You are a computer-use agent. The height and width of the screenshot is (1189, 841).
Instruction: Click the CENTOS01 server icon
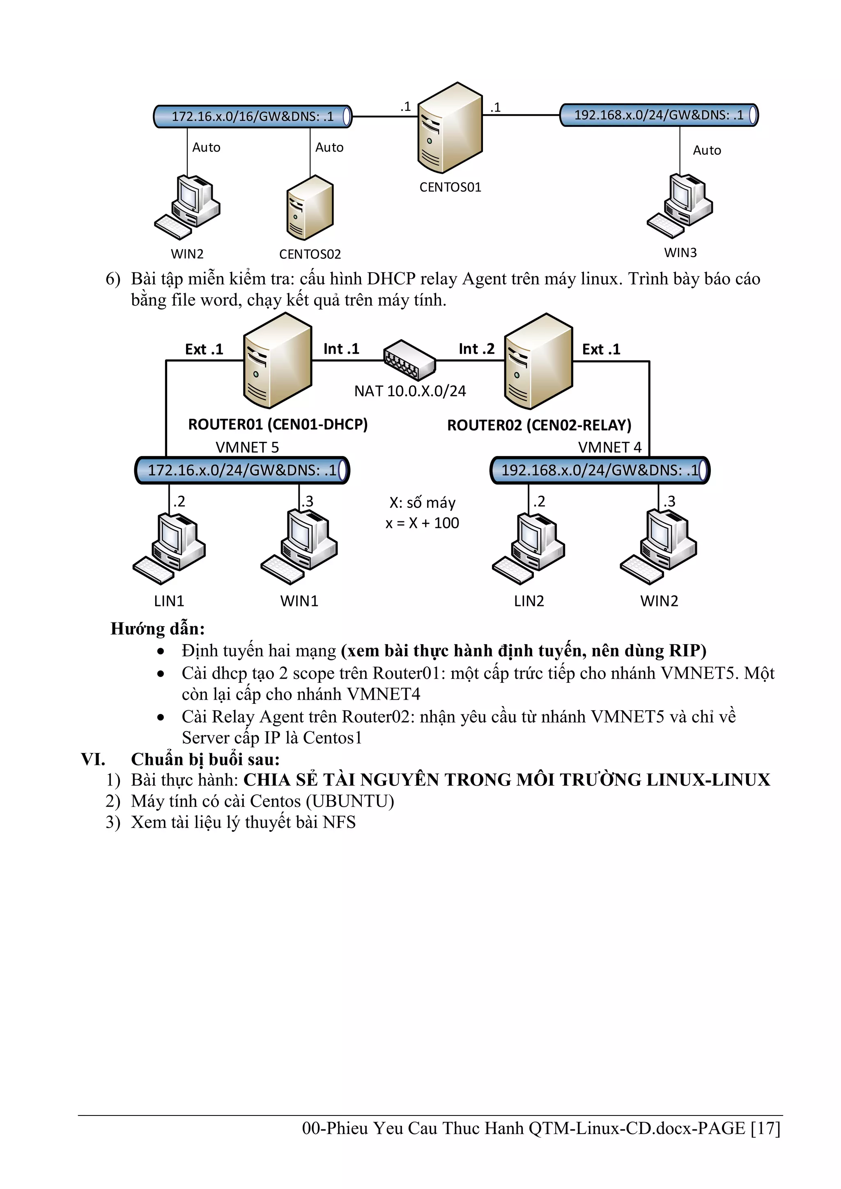tap(450, 128)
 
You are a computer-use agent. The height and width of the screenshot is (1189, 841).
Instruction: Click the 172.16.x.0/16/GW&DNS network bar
tap(253, 116)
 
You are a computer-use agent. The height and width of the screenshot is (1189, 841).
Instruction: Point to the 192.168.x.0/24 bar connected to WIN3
tap(659, 115)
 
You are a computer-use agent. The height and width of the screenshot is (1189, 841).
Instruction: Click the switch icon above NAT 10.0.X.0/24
tap(409, 359)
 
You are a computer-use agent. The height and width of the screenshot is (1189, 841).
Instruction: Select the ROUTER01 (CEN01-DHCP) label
tap(278, 425)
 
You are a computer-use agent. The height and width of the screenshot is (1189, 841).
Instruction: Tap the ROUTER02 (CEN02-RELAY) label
tap(539, 425)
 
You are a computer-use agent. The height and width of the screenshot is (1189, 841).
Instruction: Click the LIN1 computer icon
tap(169, 549)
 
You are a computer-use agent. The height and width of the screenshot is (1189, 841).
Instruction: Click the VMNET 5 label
tap(247, 447)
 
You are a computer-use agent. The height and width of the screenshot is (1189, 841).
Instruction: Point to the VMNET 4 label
tap(609, 447)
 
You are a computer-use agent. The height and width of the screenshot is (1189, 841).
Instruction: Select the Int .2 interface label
tap(476, 349)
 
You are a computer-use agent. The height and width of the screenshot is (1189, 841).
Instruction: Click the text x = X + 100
tap(422, 523)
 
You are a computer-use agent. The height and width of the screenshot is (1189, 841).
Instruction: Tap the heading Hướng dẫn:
tap(157, 629)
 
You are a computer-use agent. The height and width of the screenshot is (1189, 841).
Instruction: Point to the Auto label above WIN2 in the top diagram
tap(206, 147)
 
